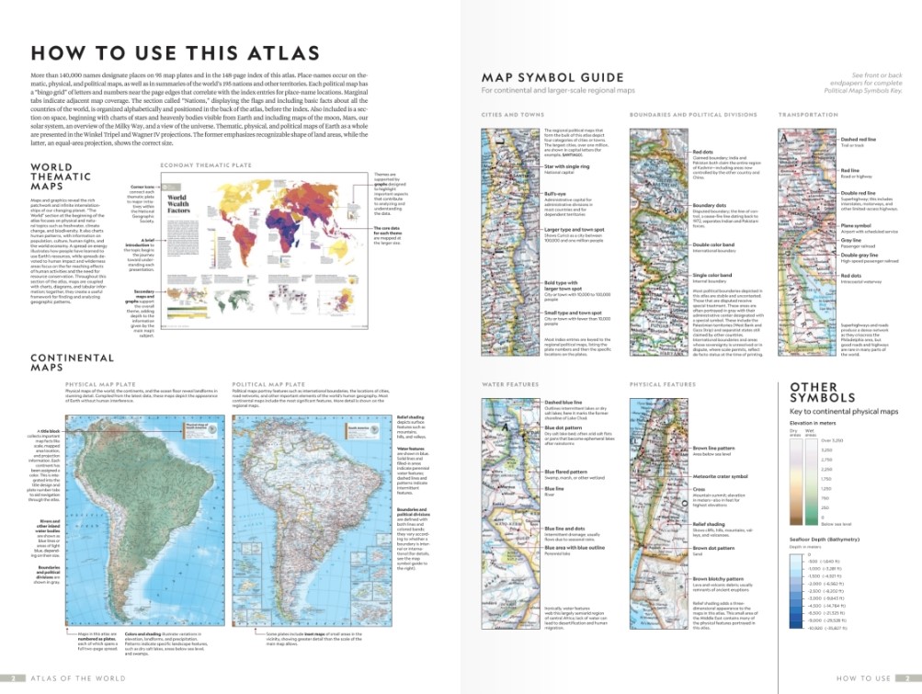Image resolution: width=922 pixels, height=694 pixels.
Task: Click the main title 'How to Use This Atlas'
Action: (176, 52)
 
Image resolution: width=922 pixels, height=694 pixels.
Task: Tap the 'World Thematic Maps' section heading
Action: (61, 176)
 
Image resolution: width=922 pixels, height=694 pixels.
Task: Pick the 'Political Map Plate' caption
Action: (267, 384)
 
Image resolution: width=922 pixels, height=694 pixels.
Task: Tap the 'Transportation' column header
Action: (807, 115)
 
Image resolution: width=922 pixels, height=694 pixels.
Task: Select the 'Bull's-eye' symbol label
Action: (556, 194)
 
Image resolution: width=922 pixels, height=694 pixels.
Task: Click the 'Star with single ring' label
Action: (568, 165)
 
